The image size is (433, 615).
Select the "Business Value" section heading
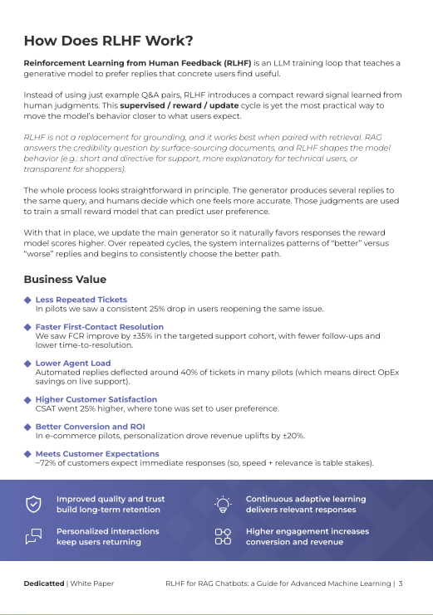[x=65, y=280]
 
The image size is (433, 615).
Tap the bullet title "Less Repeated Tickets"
[x=81, y=300]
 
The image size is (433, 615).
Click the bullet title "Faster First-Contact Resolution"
[x=100, y=327]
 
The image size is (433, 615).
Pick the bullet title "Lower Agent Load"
[x=73, y=364]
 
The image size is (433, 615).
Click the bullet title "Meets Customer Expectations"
[x=97, y=454]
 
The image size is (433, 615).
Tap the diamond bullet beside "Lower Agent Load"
[x=27, y=364]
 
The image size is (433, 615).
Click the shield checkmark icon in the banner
[x=34, y=504]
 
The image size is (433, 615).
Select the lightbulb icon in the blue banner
[x=223, y=504]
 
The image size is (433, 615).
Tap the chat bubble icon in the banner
[x=34, y=536]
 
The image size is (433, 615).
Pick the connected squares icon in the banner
[x=223, y=536]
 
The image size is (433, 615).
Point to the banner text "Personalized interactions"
[x=107, y=531]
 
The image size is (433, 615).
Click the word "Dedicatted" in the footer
[x=44, y=583]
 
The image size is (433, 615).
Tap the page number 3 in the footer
[x=401, y=583]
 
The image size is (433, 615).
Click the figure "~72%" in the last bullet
[x=46, y=463]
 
